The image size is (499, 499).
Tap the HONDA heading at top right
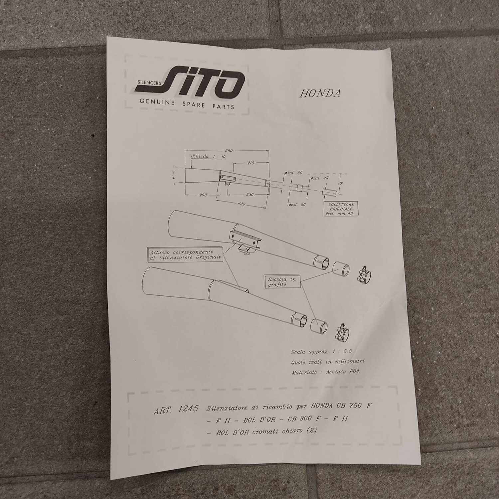[320, 93]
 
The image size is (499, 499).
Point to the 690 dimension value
[229, 151]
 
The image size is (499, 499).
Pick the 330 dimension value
[249, 195]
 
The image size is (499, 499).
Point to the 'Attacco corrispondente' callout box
[184, 255]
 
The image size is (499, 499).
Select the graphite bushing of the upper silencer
[341, 268]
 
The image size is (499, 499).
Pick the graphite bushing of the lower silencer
[319, 325]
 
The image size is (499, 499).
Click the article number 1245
[188, 410]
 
